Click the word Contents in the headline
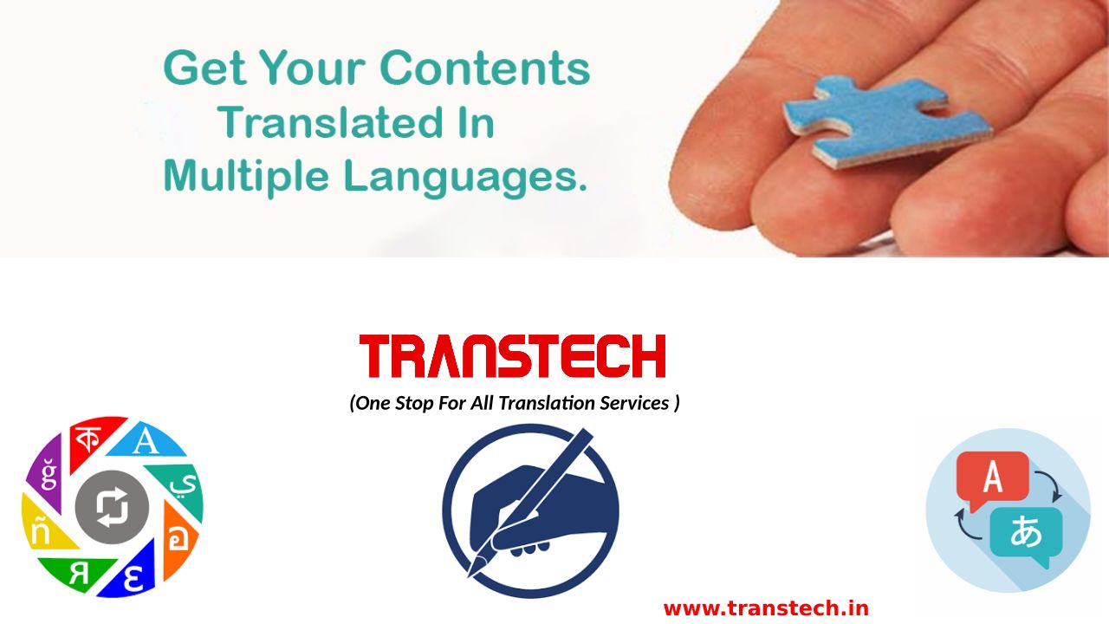click(x=485, y=68)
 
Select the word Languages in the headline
click(x=465, y=178)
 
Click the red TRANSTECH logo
click(x=512, y=356)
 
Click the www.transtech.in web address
click(x=766, y=608)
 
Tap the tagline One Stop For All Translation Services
click(x=515, y=403)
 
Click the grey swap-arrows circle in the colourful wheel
click(x=112, y=507)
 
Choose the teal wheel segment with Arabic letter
click(x=183, y=488)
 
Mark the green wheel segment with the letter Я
click(x=77, y=574)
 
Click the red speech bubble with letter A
click(x=992, y=478)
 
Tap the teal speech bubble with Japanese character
click(x=1026, y=534)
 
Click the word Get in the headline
click(x=204, y=68)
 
